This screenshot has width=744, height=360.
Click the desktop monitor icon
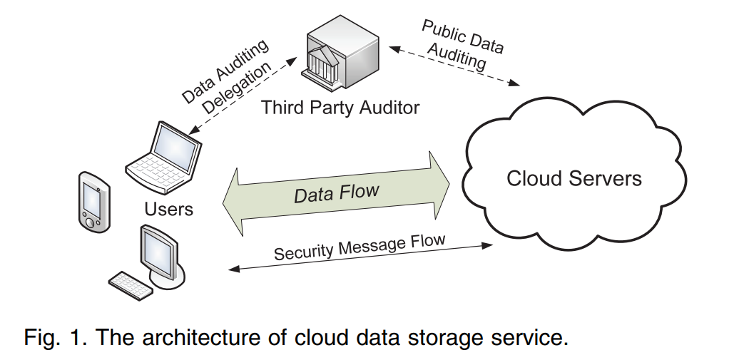(160, 253)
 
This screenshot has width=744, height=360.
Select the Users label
(168, 209)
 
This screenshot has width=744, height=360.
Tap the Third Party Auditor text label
(340, 108)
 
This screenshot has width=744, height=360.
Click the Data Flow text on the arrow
(337, 192)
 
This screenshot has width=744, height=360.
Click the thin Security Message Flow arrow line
(360, 258)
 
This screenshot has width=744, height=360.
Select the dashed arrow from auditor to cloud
(457, 66)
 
